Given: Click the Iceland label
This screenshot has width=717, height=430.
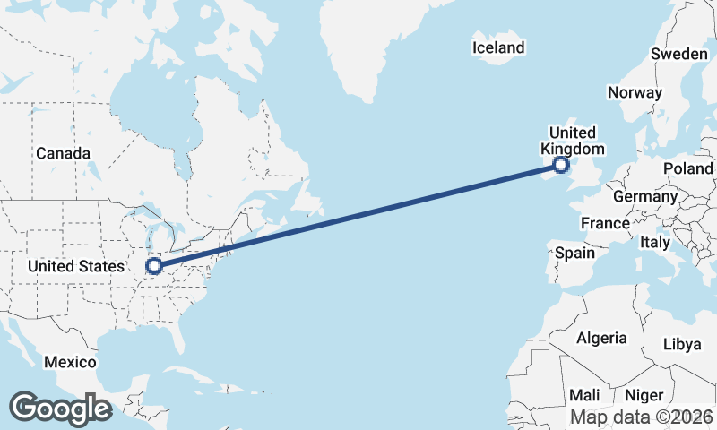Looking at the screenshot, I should click(x=498, y=47).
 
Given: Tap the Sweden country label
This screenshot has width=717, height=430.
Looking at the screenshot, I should click(x=678, y=54).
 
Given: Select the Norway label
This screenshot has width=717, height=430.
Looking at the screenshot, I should click(x=635, y=92).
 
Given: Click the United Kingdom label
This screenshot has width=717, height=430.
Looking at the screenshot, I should click(x=572, y=142).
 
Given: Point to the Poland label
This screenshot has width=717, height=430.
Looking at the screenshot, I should click(x=687, y=168).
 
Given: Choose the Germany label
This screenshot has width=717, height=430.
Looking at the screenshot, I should click(x=645, y=196).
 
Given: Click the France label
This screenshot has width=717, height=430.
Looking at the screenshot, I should click(x=605, y=223).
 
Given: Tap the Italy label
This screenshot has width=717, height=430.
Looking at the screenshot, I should click(x=655, y=242).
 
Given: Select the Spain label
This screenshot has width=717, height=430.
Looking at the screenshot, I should click(x=574, y=253).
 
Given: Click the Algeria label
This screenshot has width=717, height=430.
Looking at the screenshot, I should click(x=601, y=339).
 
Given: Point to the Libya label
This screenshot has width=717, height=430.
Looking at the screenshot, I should click(x=683, y=344).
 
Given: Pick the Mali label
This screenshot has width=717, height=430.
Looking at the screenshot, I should click(x=584, y=395).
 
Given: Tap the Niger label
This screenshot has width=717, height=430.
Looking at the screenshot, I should click(x=644, y=395).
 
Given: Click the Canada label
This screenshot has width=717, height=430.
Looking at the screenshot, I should click(x=63, y=153).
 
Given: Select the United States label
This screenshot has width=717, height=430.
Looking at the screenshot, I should click(x=76, y=267).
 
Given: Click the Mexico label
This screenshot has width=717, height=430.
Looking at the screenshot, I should click(x=70, y=362).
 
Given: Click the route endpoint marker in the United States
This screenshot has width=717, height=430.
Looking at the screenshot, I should click(x=154, y=265).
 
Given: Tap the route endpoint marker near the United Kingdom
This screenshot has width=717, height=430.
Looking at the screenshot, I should click(x=561, y=165).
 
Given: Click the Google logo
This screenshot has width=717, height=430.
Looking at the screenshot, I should click(x=60, y=408).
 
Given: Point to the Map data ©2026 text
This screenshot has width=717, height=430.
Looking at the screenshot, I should click(x=642, y=417).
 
